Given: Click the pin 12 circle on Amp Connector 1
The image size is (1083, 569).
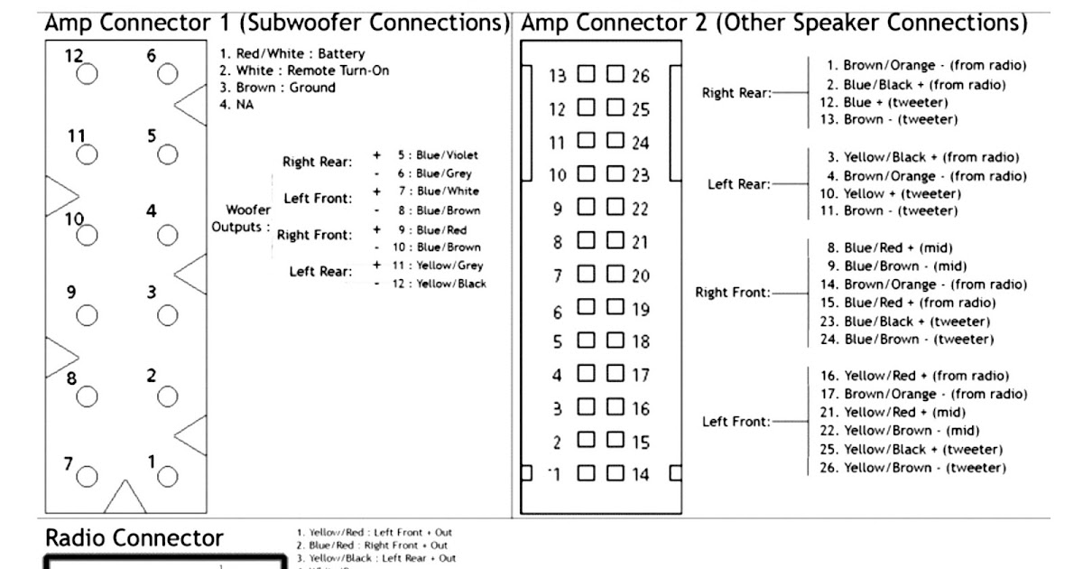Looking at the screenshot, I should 87,75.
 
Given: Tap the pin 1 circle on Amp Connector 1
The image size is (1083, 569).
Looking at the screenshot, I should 167,474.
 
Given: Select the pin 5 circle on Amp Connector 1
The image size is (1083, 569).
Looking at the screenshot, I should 167,155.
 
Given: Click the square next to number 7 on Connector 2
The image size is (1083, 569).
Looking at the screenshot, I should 587,273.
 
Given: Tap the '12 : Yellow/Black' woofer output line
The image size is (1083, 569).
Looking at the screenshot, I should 441,284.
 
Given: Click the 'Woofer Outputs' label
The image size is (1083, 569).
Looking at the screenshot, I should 241,218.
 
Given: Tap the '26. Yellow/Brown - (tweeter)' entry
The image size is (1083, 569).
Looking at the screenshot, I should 915,467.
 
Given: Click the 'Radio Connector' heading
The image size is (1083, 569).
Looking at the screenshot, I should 134,538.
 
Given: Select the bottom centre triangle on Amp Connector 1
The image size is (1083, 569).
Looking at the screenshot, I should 125,498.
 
